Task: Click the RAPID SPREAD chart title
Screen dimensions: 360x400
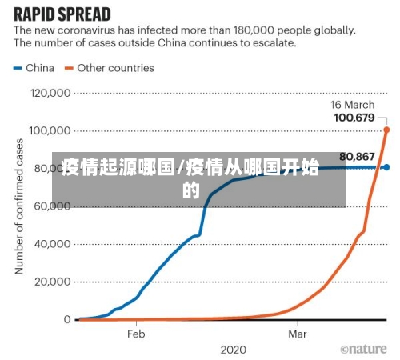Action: [x=62, y=14]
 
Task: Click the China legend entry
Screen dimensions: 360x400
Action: [x=34, y=68]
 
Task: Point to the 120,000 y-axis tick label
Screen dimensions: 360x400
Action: [x=50, y=93]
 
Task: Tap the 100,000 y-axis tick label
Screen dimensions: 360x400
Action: [x=50, y=130]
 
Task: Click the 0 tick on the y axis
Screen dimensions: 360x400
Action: [x=67, y=319]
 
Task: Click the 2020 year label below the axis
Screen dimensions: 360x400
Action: [x=233, y=350]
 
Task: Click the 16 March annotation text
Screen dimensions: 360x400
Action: [x=352, y=106]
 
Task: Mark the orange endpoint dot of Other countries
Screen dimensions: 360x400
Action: [x=386, y=130]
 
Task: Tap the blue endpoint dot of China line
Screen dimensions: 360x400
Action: [x=386, y=167]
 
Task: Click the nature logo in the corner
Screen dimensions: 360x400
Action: [x=365, y=350]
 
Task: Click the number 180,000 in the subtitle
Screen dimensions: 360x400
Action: [x=236, y=30]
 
